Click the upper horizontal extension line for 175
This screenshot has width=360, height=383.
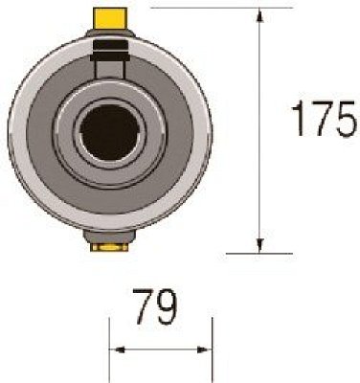pos(220,8)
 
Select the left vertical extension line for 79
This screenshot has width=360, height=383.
pos(110,349)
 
